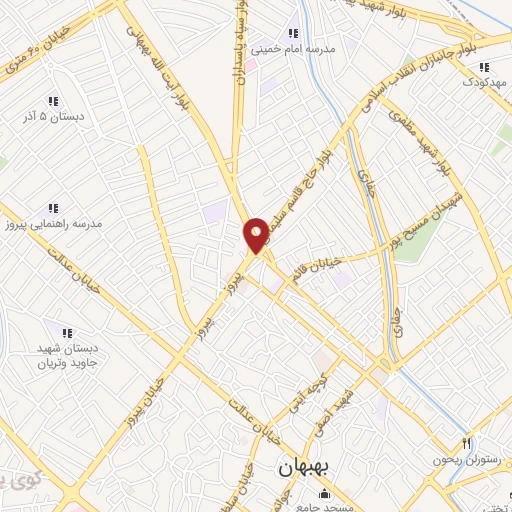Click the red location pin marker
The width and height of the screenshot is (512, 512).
(257, 235)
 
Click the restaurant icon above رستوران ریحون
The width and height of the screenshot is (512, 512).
(466, 443)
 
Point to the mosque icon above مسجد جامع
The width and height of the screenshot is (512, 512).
(323, 494)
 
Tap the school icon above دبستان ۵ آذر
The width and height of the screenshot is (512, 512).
(52, 100)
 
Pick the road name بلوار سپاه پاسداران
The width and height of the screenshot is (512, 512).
(240, 40)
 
